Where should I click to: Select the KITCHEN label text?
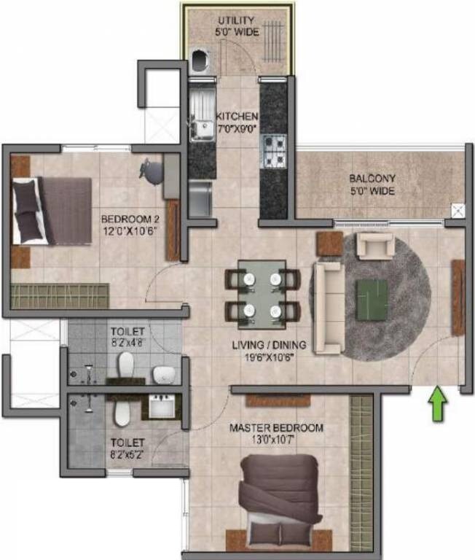click(x=237, y=117)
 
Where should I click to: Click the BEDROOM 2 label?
click(x=125, y=219)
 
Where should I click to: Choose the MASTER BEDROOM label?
click(x=276, y=427)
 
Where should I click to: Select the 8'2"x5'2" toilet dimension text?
click(x=127, y=454)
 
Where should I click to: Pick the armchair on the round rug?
click(x=376, y=246)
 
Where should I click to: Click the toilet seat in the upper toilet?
click(x=126, y=365)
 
